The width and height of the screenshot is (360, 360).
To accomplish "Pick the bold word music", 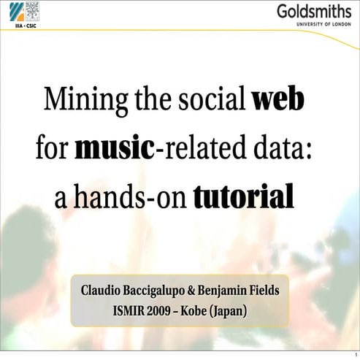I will (x=115, y=148).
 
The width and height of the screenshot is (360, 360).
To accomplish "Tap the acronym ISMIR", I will (x=133, y=311).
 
